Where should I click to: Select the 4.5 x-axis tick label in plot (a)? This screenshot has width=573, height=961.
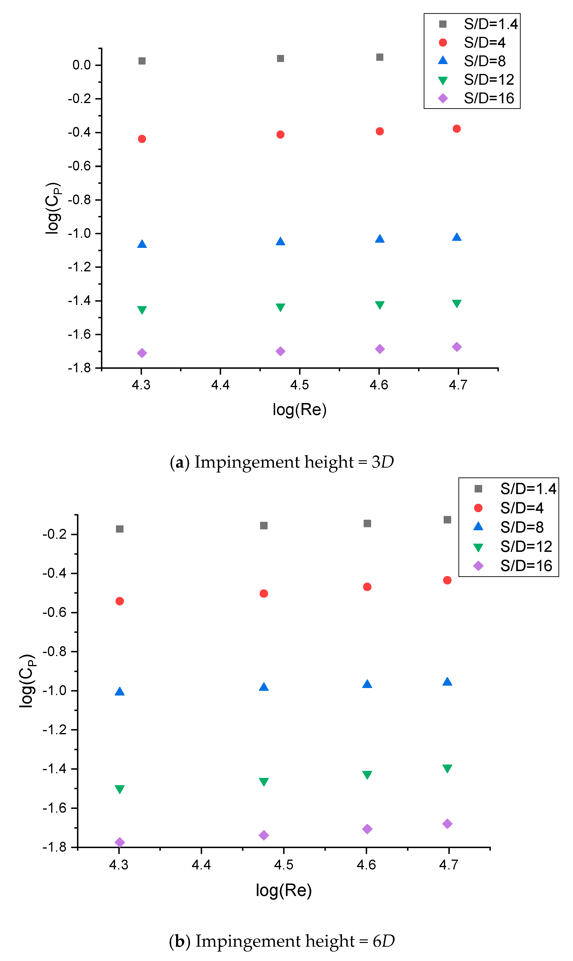(300, 385)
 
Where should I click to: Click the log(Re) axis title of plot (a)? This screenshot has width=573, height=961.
(300, 409)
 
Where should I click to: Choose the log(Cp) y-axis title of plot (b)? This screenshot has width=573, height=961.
(27, 681)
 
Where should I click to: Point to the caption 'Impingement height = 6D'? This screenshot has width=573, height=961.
(282, 941)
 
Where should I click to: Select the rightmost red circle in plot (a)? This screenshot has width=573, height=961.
(457, 129)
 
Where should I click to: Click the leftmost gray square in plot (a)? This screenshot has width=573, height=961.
(142, 61)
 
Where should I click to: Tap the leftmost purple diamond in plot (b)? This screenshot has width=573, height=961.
(120, 842)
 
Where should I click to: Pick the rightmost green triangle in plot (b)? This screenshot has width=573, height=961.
(447, 768)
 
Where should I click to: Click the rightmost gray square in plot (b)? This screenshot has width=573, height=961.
(447, 520)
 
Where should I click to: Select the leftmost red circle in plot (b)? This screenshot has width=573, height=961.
(120, 601)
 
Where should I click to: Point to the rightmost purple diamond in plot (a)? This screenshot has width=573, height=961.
(457, 347)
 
